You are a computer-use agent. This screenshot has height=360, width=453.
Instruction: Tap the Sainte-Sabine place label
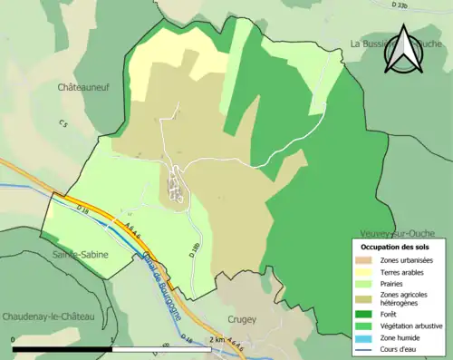tap(80, 255)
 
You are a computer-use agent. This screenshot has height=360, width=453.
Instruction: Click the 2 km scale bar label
tap(217, 338)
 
